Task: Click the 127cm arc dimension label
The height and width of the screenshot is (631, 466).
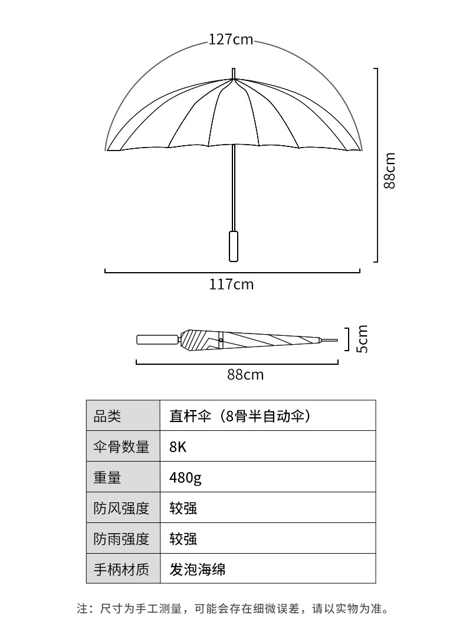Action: pyautogui.click(x=231, y=40)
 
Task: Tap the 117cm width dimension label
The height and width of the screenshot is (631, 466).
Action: pyautogui.click(x=231, y=285)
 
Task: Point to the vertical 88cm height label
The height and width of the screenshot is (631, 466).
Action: pyautogui.click(x=390, y=171)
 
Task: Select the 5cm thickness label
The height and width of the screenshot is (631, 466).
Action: pyautogui.click(x=362, y=339)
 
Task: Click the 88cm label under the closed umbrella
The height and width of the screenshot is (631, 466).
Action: pyautogui.click(x=245, y=374)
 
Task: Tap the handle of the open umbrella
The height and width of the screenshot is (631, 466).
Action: pyautogui.click(x=234, y=246)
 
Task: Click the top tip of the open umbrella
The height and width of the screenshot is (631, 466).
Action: pyautogui.click(x=234, y=72)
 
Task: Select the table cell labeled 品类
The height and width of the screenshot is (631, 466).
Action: pyautogui.click(x=107, y=416)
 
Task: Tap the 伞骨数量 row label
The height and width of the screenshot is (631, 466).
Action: pyautogui.click(x=122, y=447)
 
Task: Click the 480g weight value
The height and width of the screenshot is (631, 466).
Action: pyautogui.click(x=185, y=478)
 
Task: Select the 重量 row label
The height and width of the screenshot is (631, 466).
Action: pyautogui.click(x=107, y=478)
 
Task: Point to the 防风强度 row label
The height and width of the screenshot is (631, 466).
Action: pyautogui.click(x=122, y=508)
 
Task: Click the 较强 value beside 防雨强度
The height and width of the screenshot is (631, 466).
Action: pyautogui.click(x=183, y=539)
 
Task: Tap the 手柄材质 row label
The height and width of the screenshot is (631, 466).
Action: pyautogui.click(x=122, y=570)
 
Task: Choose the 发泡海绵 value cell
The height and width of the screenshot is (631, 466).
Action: pyautogui.click(x=198, y=570)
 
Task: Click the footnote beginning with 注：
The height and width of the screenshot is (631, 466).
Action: pyautogui.click(x=233, y=608)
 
